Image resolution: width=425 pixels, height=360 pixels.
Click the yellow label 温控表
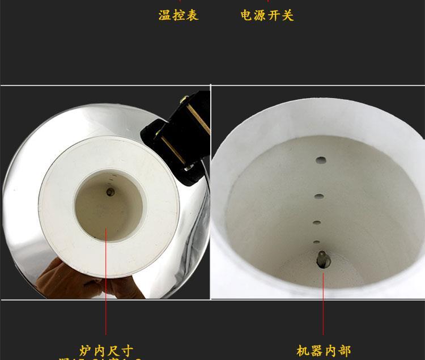(x=178, y=15)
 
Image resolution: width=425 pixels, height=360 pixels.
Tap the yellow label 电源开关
(x=267, y=15)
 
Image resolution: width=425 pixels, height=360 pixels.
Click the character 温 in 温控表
(x=165, y=15)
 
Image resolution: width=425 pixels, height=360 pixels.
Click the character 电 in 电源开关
(x=246, y=15)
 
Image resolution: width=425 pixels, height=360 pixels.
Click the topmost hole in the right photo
(x=321, y=160)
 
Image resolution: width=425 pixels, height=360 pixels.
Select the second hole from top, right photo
(x=319, y=196)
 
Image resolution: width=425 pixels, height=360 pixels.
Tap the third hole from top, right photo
(x=317, y=223)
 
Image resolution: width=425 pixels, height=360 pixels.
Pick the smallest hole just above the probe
(x=316, y=242)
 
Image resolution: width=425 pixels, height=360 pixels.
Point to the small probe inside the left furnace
(x=109, y=192)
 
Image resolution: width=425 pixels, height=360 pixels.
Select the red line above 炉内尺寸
(x=107, y=283)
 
